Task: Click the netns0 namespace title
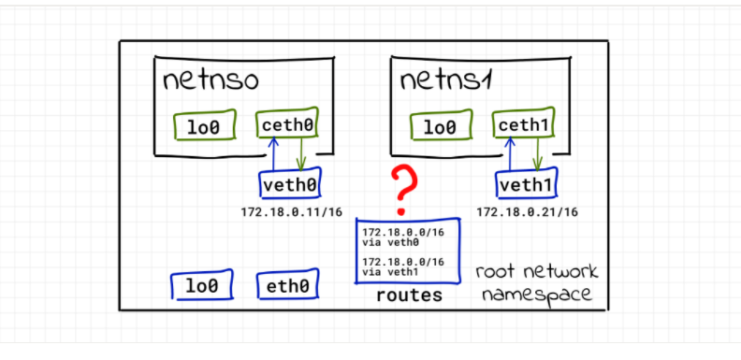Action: pos(211,80)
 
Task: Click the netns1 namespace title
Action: pos(446,80)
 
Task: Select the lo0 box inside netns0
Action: pos(205,125)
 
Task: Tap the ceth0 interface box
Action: pos(287,123)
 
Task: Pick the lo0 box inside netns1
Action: pos(442,125)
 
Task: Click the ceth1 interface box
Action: pos(524,123)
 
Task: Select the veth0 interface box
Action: pos(290,183)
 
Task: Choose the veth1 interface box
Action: pos(526,183)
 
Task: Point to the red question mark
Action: pos(403,191)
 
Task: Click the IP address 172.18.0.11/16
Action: pos(291,211)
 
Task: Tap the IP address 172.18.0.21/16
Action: pos(527,211)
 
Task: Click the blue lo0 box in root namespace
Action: pos(202,285)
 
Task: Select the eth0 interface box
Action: pos(288,284)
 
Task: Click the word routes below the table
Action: pos(409,295)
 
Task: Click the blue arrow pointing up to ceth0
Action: pos(272,153)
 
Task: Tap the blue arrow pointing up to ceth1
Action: pos(509,153)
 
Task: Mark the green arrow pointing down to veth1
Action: pos(537,153)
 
